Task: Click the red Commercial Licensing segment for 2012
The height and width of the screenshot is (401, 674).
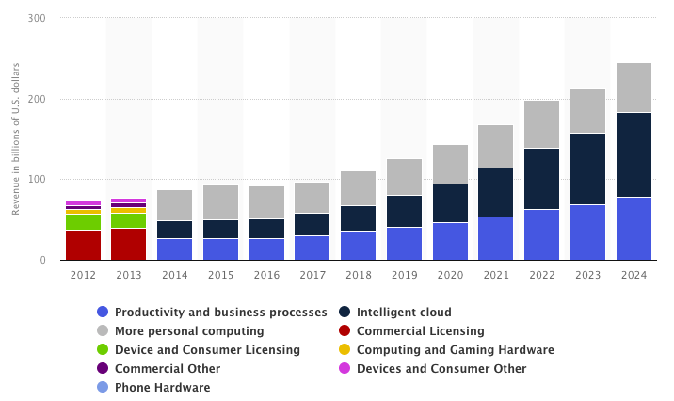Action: click(83, 245)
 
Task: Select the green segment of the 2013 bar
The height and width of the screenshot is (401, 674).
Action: click(129, 220)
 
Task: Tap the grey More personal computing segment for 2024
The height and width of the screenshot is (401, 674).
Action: click(634, 88)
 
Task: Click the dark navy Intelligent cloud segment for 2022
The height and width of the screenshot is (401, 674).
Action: click(541, 179)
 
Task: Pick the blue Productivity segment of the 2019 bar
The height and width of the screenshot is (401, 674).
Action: click(404, 243)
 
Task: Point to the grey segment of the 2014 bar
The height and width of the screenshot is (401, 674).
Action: click(174, 205)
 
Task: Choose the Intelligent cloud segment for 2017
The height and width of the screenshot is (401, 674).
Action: click(312, 224)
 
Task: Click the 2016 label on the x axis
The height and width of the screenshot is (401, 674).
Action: click(266, 274)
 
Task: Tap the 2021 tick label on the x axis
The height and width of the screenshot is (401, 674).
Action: click(496, 274)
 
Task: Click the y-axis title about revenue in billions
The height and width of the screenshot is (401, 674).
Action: click(16, 139)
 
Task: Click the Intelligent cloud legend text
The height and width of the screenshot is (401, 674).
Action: click(404, 313)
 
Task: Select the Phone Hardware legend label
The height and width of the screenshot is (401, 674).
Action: click(162, 388)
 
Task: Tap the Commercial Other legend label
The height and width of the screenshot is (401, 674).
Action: click(168, 369)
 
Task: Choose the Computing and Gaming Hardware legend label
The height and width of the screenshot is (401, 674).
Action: click(455, 350)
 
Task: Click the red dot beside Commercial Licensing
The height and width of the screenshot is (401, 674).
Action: click(345, 331)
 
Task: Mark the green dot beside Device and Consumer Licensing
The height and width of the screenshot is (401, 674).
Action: click(103, 350)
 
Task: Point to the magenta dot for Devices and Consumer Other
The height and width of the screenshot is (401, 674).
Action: click(345, 369)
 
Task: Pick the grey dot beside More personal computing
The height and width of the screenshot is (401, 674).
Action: click(103, 331)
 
